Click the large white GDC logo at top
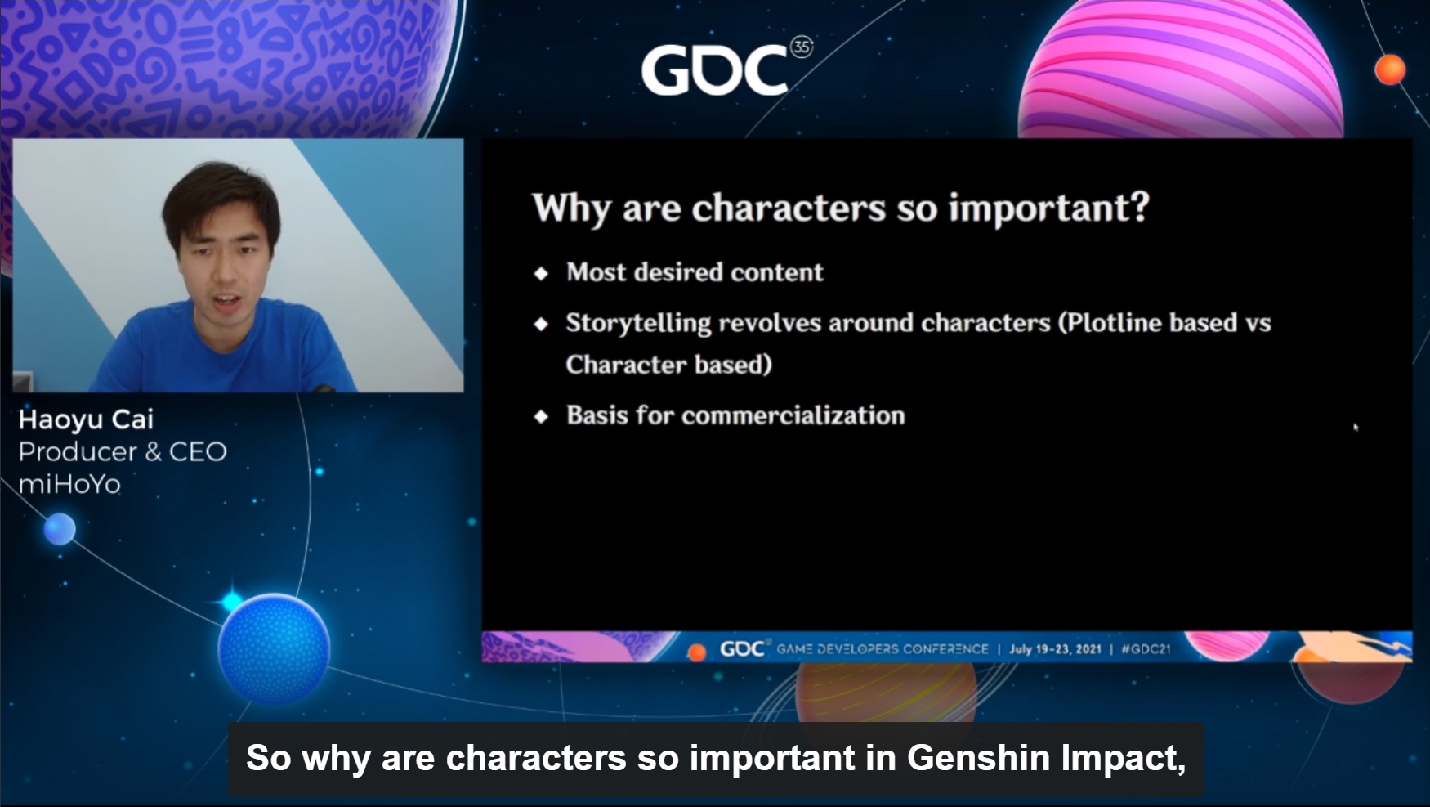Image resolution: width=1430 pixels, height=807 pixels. [714, 69]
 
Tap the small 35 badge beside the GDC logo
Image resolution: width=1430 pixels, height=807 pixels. [802, 47]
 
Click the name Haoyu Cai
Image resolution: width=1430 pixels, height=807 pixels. [86, 419]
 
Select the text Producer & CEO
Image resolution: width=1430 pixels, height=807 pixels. [123, 451]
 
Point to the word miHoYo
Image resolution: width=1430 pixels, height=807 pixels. [69, 484]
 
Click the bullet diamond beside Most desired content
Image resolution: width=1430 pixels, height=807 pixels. [541, 273]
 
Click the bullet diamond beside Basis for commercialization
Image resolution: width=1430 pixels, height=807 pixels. [541, 416]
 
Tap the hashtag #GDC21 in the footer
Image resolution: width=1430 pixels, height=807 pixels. [1146, 649]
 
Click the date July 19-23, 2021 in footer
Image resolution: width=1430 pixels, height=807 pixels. [1055, 649]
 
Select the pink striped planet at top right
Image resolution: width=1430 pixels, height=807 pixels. [1180, 69]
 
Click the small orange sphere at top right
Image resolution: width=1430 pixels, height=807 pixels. [1390, 69]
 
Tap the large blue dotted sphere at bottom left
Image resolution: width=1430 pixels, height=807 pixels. [274, 648]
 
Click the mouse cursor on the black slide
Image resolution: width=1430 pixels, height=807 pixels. [1356, 427]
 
